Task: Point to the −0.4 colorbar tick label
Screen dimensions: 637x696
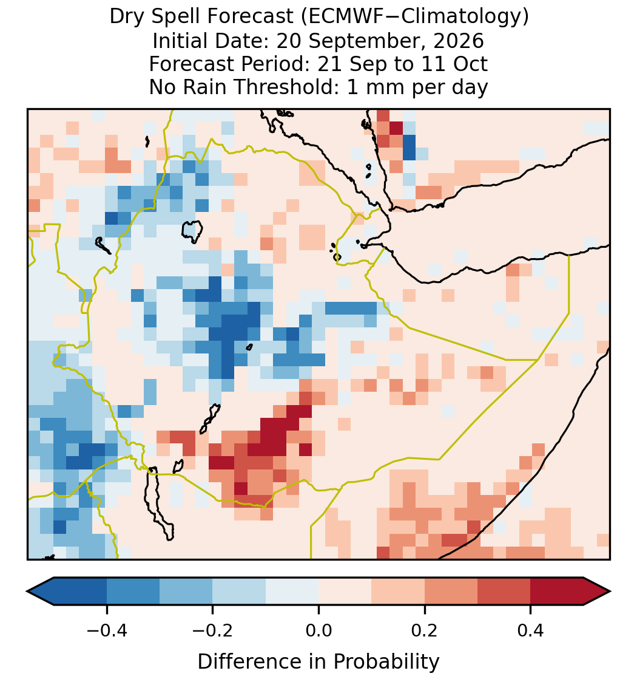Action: point(106,630)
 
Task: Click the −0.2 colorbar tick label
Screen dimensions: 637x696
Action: point(212,630)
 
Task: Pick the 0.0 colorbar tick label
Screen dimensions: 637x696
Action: point(318,630)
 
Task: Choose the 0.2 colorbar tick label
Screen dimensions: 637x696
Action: point(425,630)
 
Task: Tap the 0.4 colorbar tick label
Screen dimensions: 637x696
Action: point(531,630)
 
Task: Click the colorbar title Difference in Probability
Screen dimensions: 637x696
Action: point(318,662)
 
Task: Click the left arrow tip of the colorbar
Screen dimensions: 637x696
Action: point(27,592)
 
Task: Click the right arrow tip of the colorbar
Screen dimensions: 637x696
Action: point(610,592)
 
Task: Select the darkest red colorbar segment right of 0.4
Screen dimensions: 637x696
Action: point(557,592)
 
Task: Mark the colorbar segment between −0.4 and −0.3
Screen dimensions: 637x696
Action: point(133,592)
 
